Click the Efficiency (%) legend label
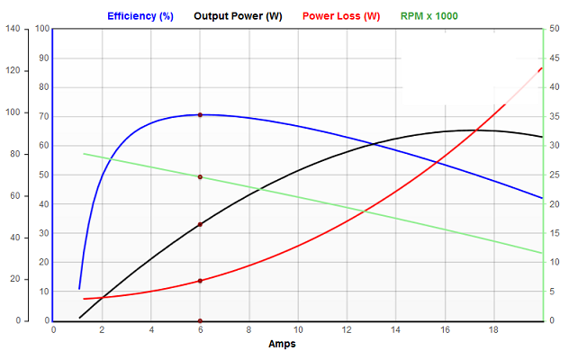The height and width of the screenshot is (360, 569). pyautogui.click(x=140, y=16)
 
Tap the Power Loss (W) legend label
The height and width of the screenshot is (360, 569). pyautogui.click(x=341, y=16)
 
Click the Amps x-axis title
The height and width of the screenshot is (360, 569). pyautogui.click(x=282, y=344)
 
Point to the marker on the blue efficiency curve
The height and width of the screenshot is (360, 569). pyautogui.click(x=200, y=115)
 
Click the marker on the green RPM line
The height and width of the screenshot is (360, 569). pyautogui.click(x=200, y=177)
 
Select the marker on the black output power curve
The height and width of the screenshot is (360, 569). pyautogui.click(x=200, y=224)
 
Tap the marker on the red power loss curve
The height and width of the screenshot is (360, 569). pyautogui.click(x=200, y=281)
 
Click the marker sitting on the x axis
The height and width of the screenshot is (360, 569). pyautogui.click(x=200, y=321)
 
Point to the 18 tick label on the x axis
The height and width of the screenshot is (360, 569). pyautogui.click(x=493, y=330)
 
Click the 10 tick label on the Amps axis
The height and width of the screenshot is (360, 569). pyautogui.click(x=298, y=330)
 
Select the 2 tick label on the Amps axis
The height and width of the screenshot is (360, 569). pyautogui.click(x=102, y=330)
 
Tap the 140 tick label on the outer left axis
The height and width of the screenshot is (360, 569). pyautogui.click(x=12, y=29)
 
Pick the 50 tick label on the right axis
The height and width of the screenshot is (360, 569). pyautogui.click(x=553, y=29)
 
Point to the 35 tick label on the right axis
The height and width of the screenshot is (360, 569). pyautogui.click(x=553, y=116)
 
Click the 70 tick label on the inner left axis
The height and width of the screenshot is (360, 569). pyautogui.click(x=44, y=116)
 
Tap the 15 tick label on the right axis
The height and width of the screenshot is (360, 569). pyautogui.click(x=553, y=233)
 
